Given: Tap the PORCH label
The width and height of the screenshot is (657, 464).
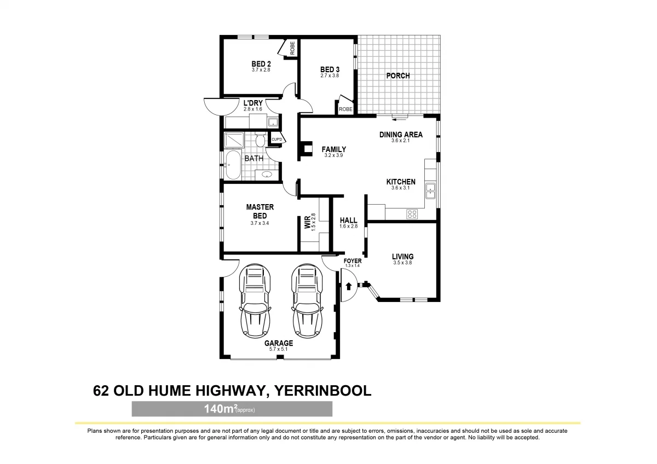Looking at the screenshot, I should point(398,76).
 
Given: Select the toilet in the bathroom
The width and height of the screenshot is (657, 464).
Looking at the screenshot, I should point(261,141).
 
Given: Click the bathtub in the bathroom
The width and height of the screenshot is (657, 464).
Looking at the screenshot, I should point(232,165).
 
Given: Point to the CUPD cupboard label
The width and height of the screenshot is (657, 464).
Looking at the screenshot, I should point(277,140).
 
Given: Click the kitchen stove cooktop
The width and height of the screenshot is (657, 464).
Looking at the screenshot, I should point(412,214).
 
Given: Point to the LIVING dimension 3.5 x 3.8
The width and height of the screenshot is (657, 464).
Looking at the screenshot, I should point(402,263).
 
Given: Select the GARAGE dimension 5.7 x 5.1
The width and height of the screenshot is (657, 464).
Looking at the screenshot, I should point(279,349).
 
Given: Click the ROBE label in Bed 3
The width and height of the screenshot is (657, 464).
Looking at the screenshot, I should point(345,109).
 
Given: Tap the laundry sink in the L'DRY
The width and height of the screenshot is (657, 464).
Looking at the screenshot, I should point(272,123).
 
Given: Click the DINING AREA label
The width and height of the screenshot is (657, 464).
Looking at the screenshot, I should point(401,135).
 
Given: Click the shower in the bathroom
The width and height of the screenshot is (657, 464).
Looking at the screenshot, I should point(234,141).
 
